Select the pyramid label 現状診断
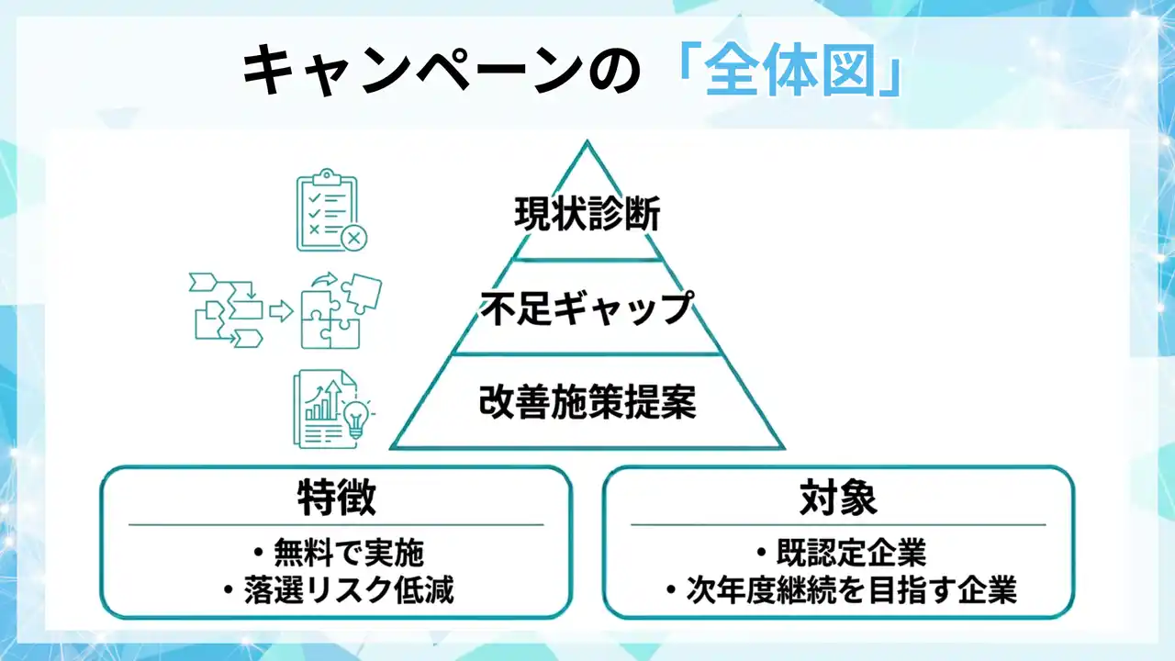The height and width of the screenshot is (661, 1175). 587,218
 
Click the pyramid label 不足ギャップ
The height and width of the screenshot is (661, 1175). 587,308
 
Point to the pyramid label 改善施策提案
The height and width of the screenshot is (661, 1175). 587,402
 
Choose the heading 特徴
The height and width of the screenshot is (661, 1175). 336,499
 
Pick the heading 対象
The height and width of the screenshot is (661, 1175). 838,499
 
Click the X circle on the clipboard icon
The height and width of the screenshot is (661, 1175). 353,240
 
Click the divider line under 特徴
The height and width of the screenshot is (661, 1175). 336,525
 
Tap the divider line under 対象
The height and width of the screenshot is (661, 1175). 838,525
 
